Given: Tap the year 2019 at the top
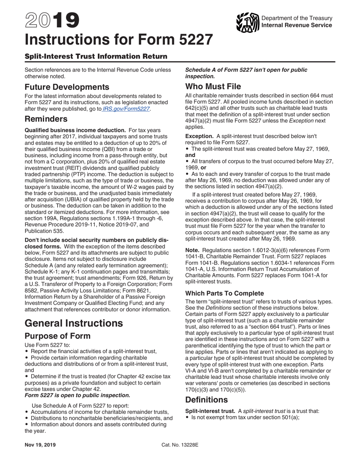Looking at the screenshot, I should coord(52,21).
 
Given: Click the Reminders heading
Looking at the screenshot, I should coord(46,119).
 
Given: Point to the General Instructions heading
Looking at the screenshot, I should coord(74,323).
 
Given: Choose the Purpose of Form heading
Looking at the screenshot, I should coord(58,336).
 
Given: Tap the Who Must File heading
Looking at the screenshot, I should coord(213,86).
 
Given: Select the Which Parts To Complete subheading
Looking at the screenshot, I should coord(224,293).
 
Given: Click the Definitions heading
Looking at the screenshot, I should coord(207,400).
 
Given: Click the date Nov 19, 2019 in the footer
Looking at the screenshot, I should coord(40,445).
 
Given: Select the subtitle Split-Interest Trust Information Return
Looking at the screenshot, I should coord(96,56).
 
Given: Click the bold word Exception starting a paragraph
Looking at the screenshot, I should coord(199,136).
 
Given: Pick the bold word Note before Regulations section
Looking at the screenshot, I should coord(193,250).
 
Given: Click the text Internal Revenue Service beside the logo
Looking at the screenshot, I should coord(297,25).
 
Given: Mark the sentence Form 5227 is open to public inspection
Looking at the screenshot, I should coord(77,395).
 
